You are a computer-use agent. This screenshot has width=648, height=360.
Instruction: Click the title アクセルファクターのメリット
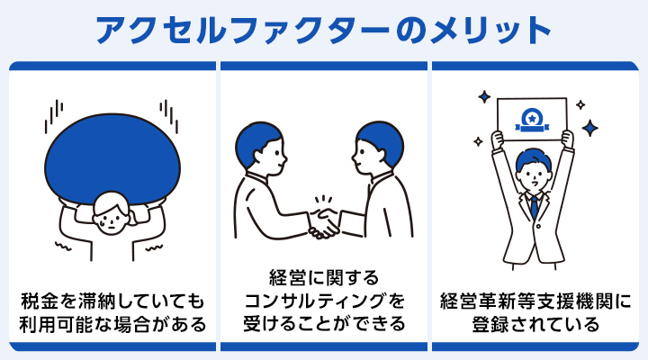[x=323, y=29]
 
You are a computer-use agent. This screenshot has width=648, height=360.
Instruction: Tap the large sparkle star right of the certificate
[x=590, y=129]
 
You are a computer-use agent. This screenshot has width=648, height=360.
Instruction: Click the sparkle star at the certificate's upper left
[x=481, y=94]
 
